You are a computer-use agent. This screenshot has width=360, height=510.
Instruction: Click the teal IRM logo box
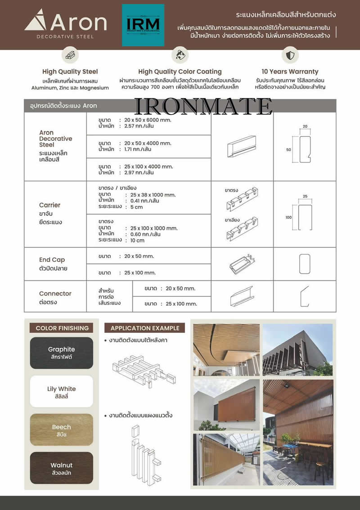coord(143,25)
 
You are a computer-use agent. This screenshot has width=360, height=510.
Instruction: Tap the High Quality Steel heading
coord(70,72)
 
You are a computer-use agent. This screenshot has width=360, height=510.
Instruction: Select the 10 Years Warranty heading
coord(290,72)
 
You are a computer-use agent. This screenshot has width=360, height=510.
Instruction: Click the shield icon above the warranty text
coord(290,55)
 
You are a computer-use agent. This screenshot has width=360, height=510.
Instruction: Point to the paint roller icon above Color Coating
coord(180,55)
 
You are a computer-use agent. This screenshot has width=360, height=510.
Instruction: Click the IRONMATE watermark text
coord(203,107)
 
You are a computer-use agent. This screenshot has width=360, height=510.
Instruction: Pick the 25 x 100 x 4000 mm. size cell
coord(148,166)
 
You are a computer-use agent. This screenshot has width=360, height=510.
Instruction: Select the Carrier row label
coord(49,205)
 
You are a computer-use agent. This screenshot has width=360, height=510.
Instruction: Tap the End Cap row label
coord(52,259)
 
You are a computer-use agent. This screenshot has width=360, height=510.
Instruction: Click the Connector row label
coord(55,294)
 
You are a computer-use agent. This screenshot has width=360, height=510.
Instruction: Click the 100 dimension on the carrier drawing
coord(288,217)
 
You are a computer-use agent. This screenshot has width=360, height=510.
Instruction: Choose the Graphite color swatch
coord(62,353)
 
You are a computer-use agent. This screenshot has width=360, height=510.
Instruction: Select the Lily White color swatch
coord(62,391)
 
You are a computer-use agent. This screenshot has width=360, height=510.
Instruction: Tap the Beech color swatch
coord(62,429)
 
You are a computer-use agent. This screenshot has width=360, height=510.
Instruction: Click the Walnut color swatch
coord(62,468)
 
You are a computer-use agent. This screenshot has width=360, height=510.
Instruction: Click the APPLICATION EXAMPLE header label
coord(145,328)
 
